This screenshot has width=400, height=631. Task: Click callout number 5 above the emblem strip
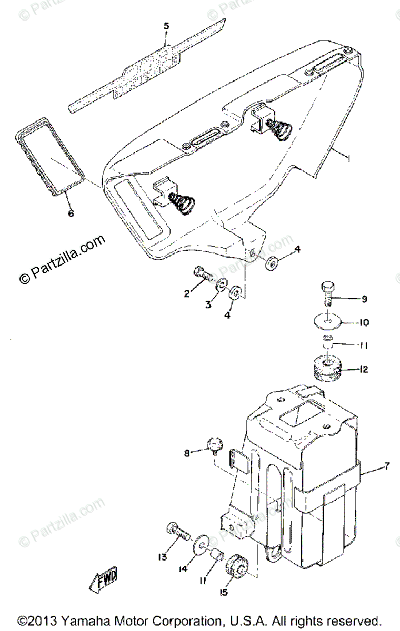[166, 25]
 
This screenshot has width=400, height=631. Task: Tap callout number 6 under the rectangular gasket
[71, 213]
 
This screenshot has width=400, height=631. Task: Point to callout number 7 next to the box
[386, 466]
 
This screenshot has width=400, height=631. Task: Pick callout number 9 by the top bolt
[363, 299]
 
